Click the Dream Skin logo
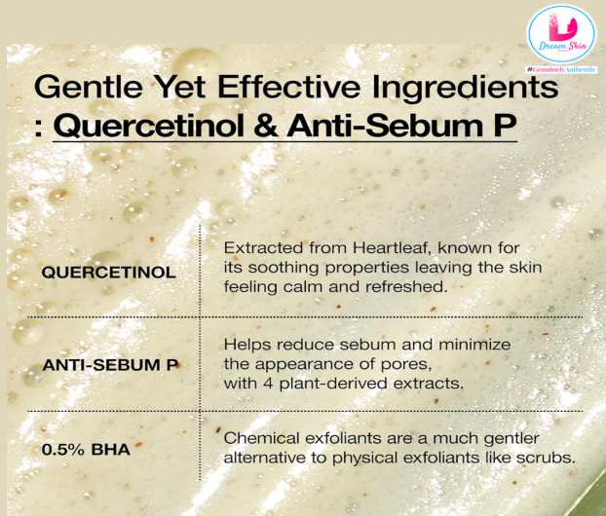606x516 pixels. pyautogui.click(x=561, y=34)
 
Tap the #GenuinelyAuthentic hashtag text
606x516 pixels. pyautogui.click(x=561, y=69)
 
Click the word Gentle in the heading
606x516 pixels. pyautogui.click(x=89, y=87)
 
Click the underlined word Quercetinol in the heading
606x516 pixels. pyautogui.click(x=149, y=126)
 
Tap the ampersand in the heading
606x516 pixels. pyautogui.click(x=266, y=126)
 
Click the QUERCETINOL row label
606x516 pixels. pyautogui.click(x=108, y=273)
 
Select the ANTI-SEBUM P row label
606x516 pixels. pyautogui.click(x=110, y=364)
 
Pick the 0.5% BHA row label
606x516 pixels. pyautogui.click(x=86, y=449)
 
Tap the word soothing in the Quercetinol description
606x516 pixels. pyautogui.click(x=284, y=268)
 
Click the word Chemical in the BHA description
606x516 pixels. pyautogui.click(x=262, y=438)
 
